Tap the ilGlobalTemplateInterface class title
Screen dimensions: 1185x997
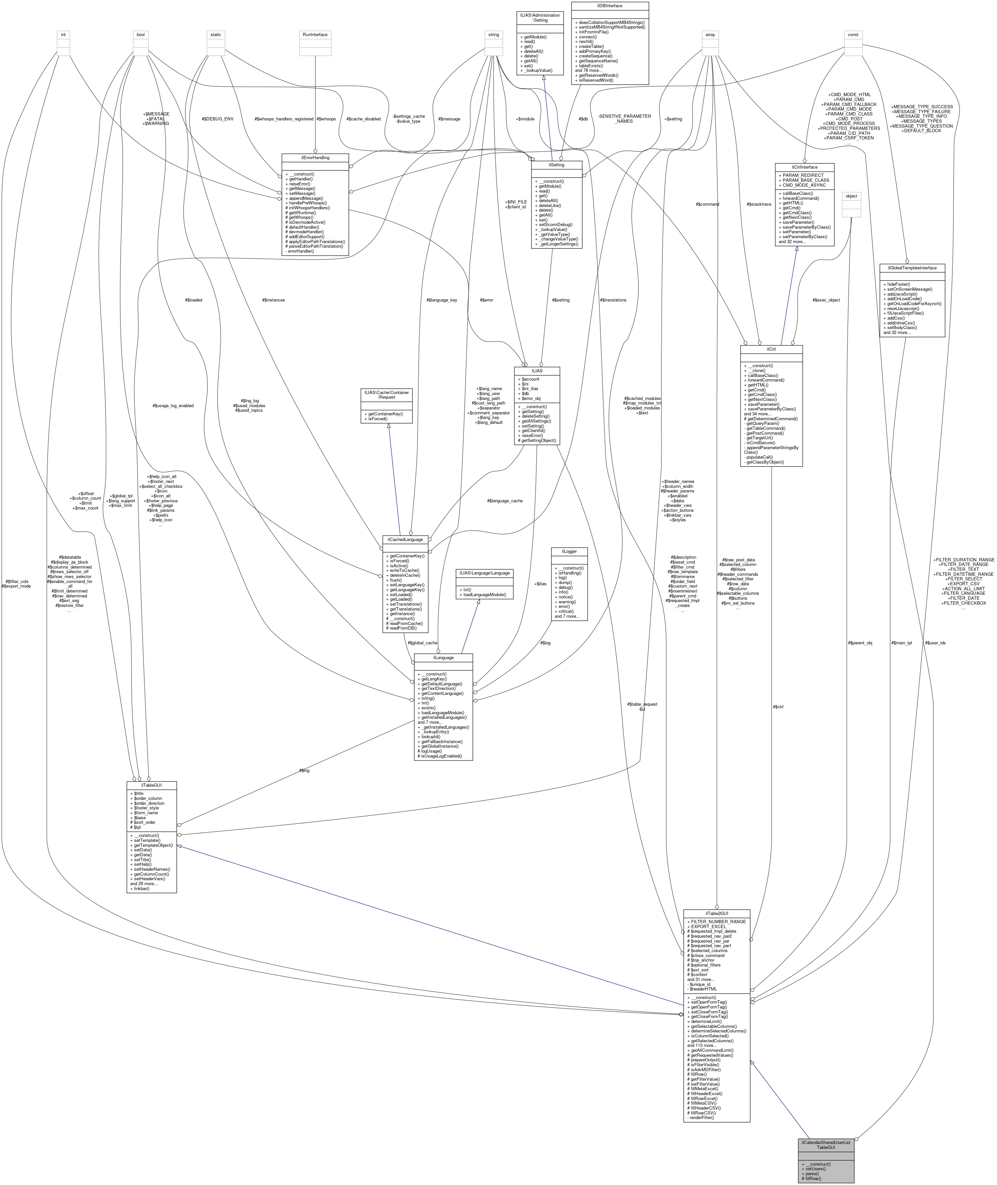pos(912,268)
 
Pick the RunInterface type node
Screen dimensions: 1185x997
pos(315,34)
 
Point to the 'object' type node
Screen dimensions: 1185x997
pos(851,196)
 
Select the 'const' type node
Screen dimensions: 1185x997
pos(853,34)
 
